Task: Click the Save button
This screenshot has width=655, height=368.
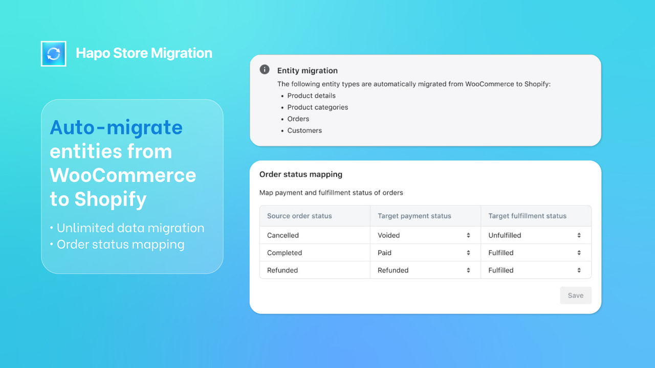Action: [576, 295]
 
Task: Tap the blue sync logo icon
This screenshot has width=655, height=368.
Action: [54, 54]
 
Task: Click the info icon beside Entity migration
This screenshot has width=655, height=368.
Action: [265, 70]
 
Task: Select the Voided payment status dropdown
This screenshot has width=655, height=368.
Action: [425, 235]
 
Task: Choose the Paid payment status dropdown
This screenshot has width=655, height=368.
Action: [425, 252]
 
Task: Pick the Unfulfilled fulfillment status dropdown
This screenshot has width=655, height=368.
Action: [535, 235]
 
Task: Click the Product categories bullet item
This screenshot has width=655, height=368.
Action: [317, 107]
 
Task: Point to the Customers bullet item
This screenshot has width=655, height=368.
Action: [304, 130]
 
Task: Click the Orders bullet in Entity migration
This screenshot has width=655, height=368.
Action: [298, 119]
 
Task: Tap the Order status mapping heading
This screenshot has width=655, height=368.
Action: [301, 174]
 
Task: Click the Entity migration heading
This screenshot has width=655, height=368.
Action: [308, 71]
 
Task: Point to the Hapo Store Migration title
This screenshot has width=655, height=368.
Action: [144, 53]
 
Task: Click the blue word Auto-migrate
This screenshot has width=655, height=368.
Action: [116, 127]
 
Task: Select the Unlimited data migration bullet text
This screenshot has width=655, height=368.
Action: [130, 228]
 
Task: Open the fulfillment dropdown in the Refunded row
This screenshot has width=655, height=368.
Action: [535, 270]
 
